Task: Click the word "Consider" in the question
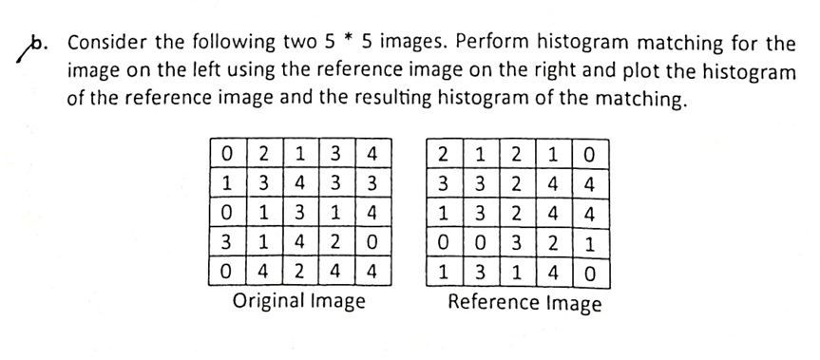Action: (x=113, y=46)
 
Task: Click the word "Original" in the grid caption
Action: (x=268, y=303)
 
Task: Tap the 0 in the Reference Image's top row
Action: (x=594, y=152)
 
